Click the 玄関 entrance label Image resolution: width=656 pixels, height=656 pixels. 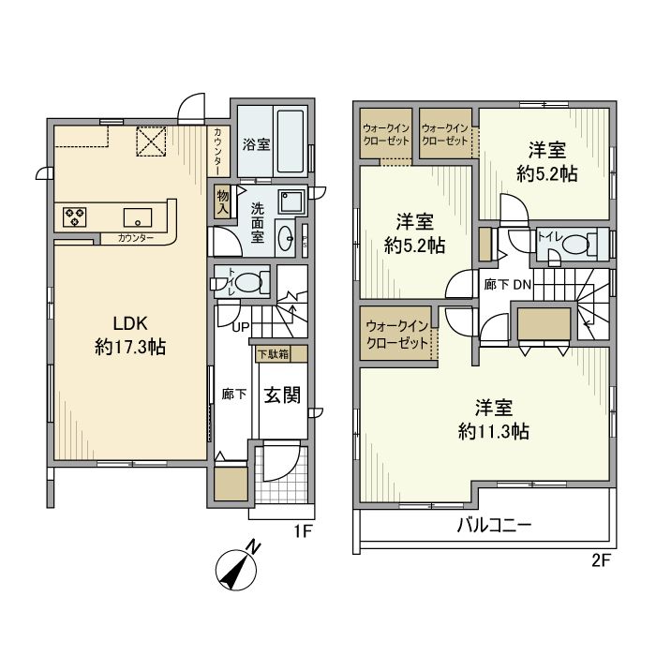280,395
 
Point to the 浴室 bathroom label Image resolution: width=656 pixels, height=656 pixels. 257,145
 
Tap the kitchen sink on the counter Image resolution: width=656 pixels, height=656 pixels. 138,216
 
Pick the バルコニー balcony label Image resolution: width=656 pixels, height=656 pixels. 495,525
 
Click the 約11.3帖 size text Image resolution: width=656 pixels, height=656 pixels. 495,432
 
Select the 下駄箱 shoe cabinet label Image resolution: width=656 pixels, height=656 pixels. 273,355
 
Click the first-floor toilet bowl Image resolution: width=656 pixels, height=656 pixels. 249,280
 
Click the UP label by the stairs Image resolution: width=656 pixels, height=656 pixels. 240,328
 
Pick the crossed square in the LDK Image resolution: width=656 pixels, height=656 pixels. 152,142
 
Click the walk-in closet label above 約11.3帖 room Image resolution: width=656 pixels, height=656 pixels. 397,333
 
